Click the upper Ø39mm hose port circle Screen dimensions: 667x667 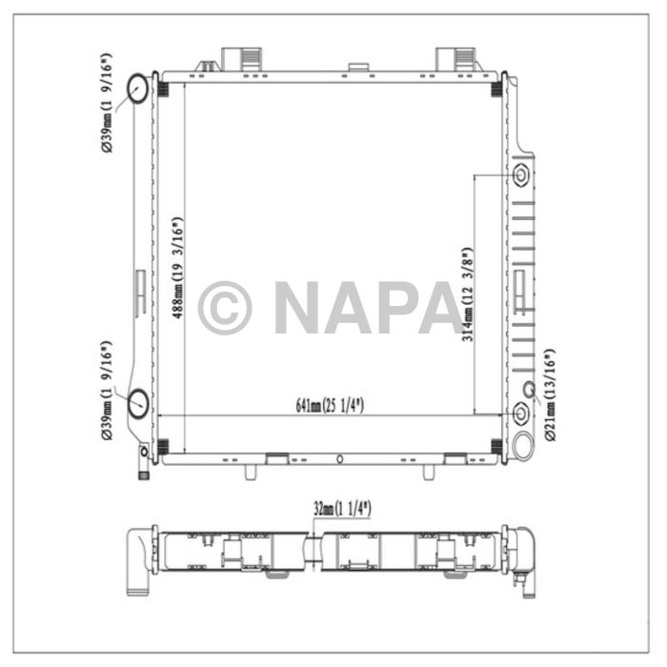pyautogui.click(x=137, y=89)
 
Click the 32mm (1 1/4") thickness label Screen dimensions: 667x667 pyautogui.click(x=342, y=508)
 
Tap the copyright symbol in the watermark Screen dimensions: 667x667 pyautogui.click(x=225, y=308)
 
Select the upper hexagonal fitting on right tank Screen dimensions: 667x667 pyautogui.click(x=520, y=176)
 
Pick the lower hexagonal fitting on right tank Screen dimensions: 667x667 pyautogui.click(x=520, y=414)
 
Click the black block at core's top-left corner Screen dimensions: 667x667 pyautogui.click(x=163, y=90)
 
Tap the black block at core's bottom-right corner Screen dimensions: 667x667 pyautogui.click(x=495, y=446)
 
